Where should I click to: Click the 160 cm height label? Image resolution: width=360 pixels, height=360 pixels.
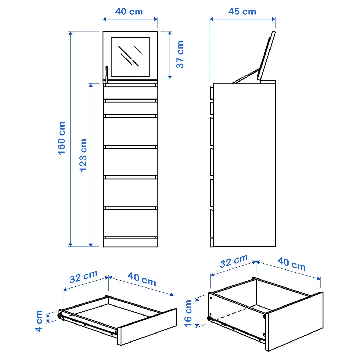tap(61, 138)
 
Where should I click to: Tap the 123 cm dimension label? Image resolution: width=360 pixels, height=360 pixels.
tap(83, 155)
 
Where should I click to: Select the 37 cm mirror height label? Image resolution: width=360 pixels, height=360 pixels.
tap(180, 54)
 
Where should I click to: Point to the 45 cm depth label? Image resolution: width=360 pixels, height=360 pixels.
tap(242, 12)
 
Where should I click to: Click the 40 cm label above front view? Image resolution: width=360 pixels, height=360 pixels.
tap(129, 12)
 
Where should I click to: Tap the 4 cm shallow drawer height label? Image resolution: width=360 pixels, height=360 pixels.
tap(39, 321)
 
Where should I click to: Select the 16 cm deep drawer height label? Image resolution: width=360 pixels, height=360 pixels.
tap(188, 313)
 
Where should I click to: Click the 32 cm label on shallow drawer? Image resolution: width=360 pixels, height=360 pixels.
tap(83, 276)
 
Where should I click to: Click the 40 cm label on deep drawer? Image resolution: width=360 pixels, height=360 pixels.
tap(292, 264)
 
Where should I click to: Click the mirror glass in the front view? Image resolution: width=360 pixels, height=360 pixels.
tap(130, 57)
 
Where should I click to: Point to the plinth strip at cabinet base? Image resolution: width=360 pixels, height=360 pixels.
tap(130, 242)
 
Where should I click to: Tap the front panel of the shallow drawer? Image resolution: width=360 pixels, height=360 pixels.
tap(147, 327)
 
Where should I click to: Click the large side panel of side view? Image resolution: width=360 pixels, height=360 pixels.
tap(244, 165)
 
